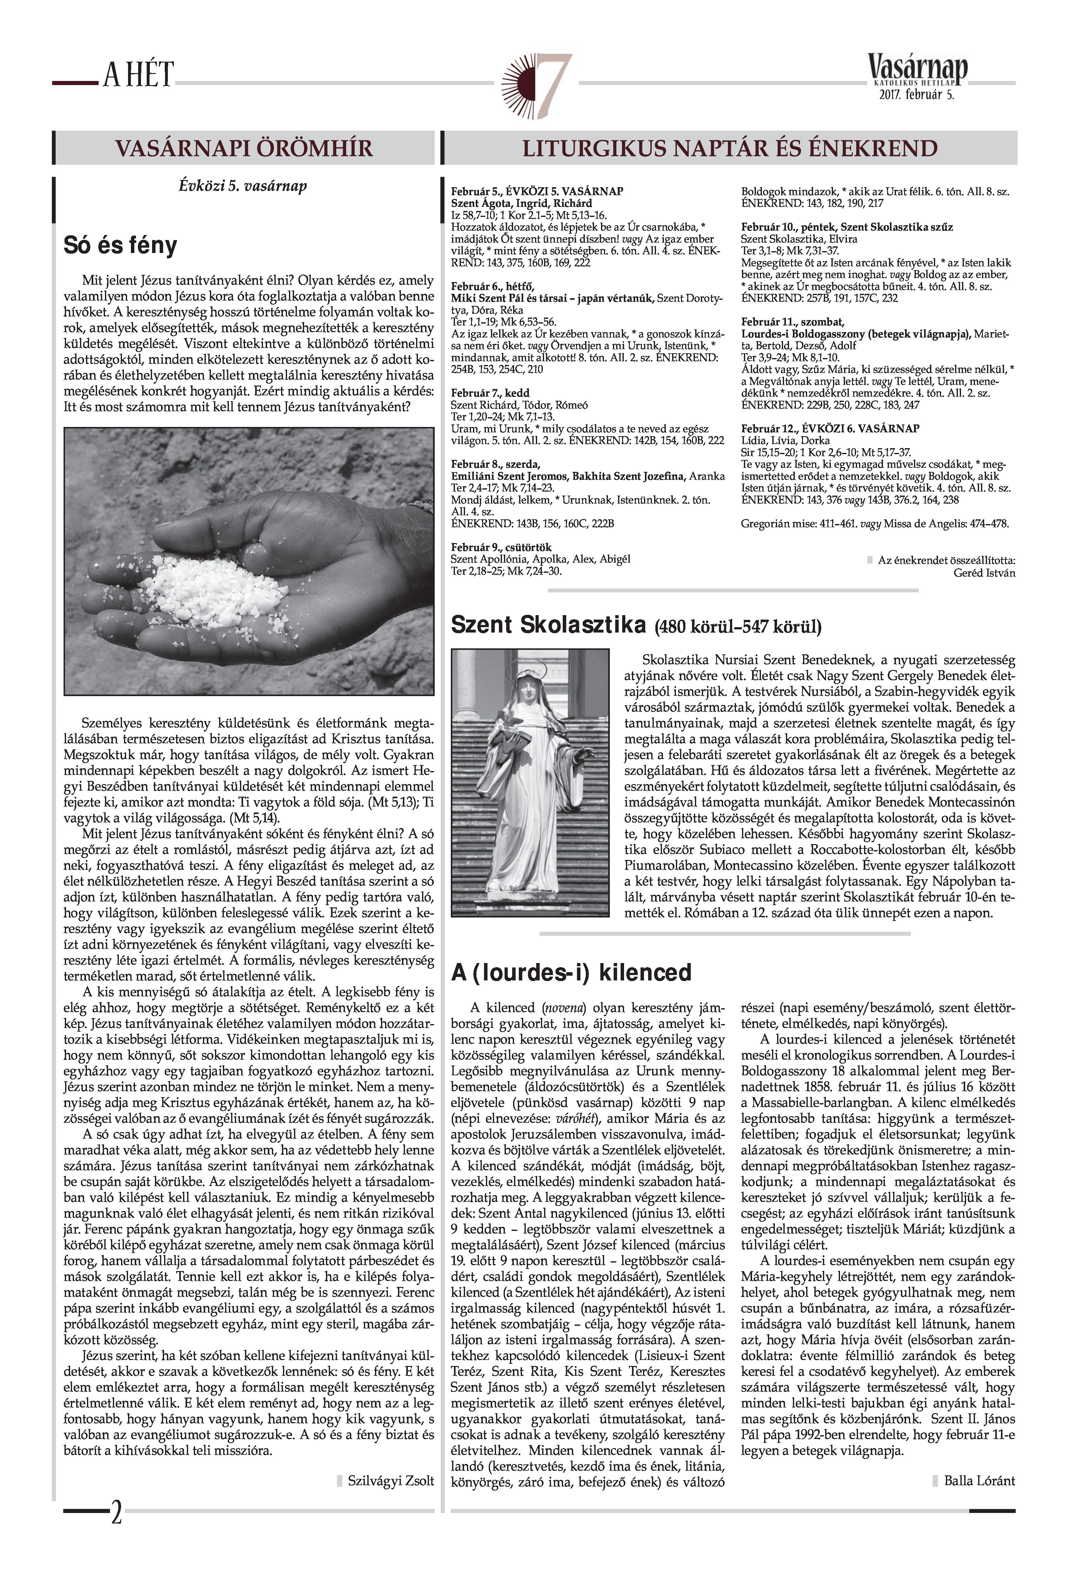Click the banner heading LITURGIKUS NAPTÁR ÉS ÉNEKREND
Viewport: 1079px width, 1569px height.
tap(731, 148)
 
